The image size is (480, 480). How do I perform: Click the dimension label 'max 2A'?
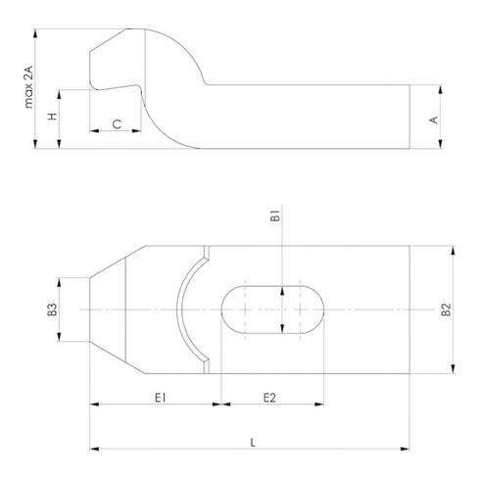point(29,87)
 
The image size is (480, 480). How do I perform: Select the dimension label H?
point(52,117)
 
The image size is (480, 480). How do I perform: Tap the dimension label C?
point(117,124)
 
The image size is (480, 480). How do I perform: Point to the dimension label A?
point(434,120)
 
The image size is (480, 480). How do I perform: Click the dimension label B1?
point(275,216)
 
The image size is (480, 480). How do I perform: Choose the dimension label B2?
point(446,310)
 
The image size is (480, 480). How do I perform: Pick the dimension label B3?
point(52,310)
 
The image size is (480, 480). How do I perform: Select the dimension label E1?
point(161,398)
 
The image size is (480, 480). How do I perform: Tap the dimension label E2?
point(269,398)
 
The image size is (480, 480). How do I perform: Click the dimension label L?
point(253,443)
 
